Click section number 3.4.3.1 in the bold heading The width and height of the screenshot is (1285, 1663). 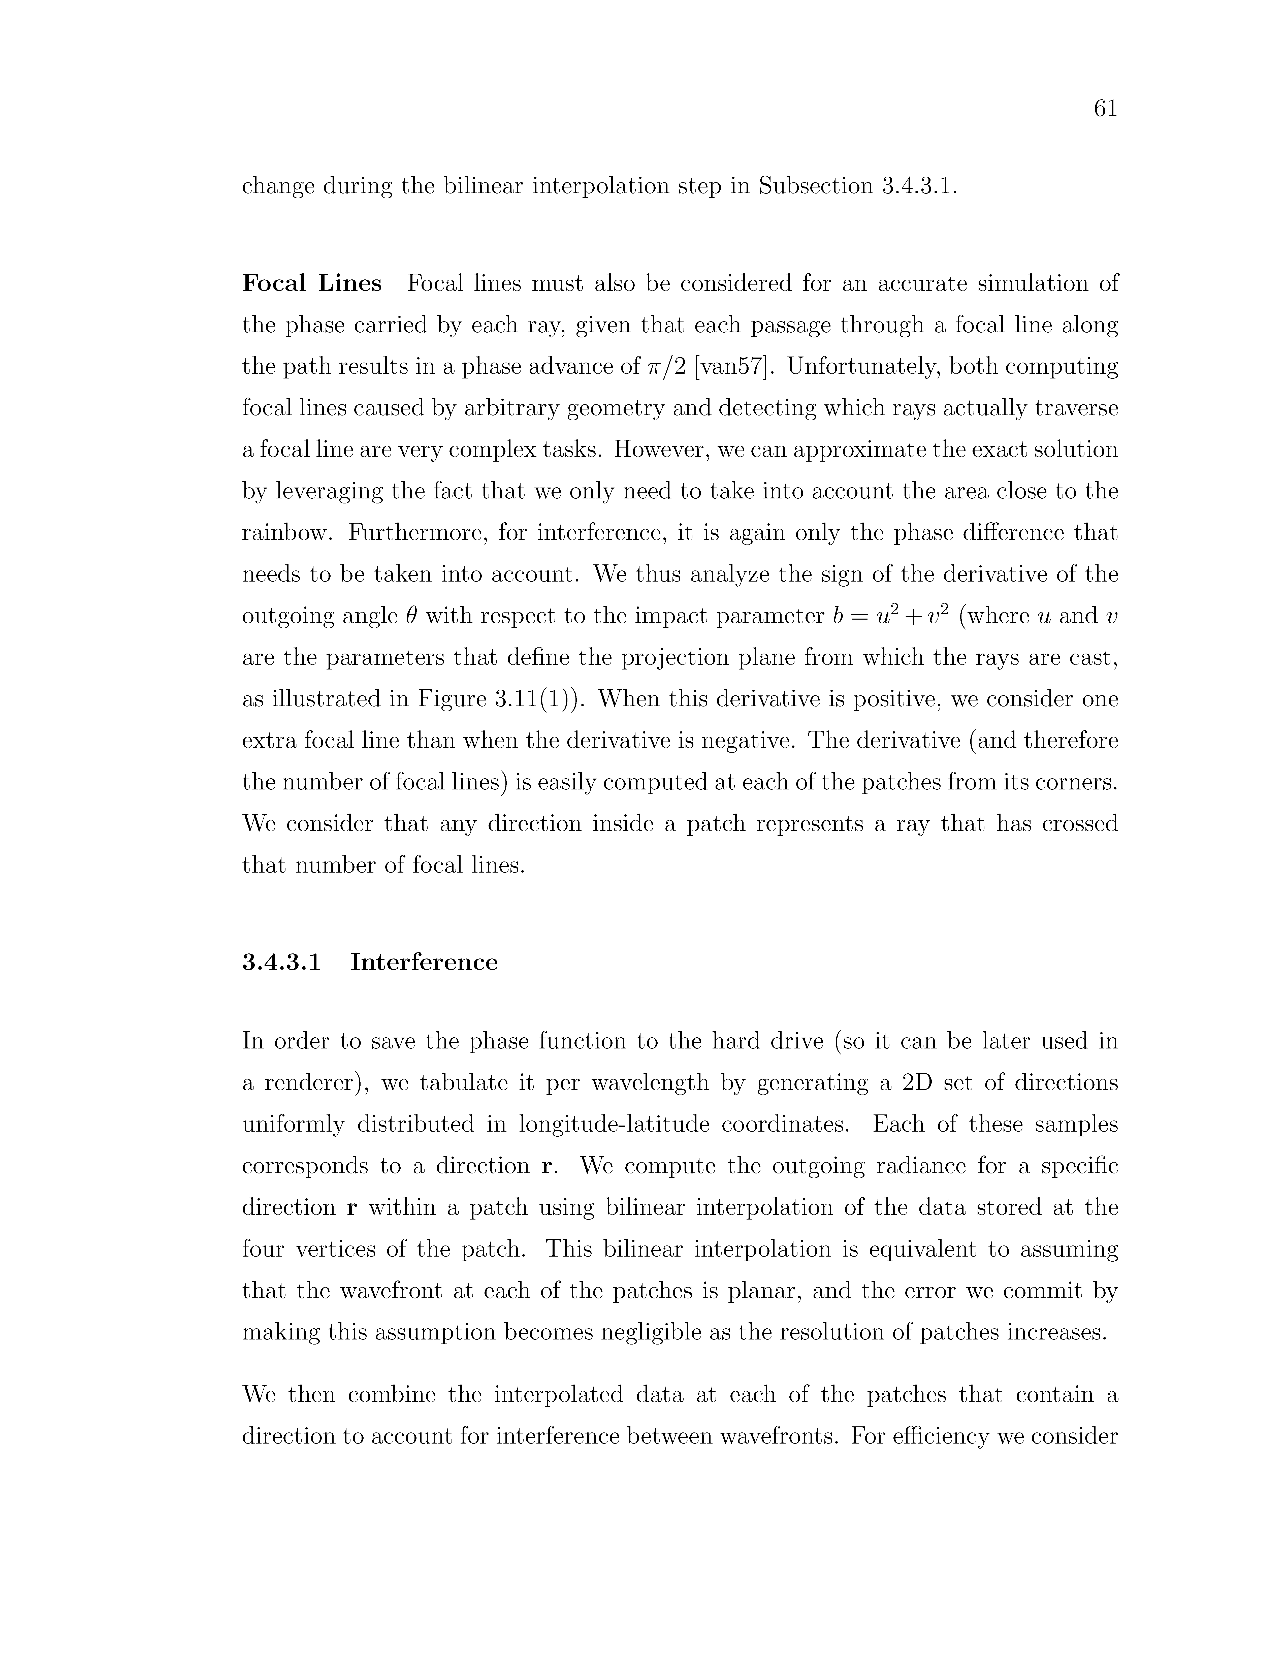pos(282,963)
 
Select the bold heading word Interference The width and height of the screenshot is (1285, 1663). pos(424,963)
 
